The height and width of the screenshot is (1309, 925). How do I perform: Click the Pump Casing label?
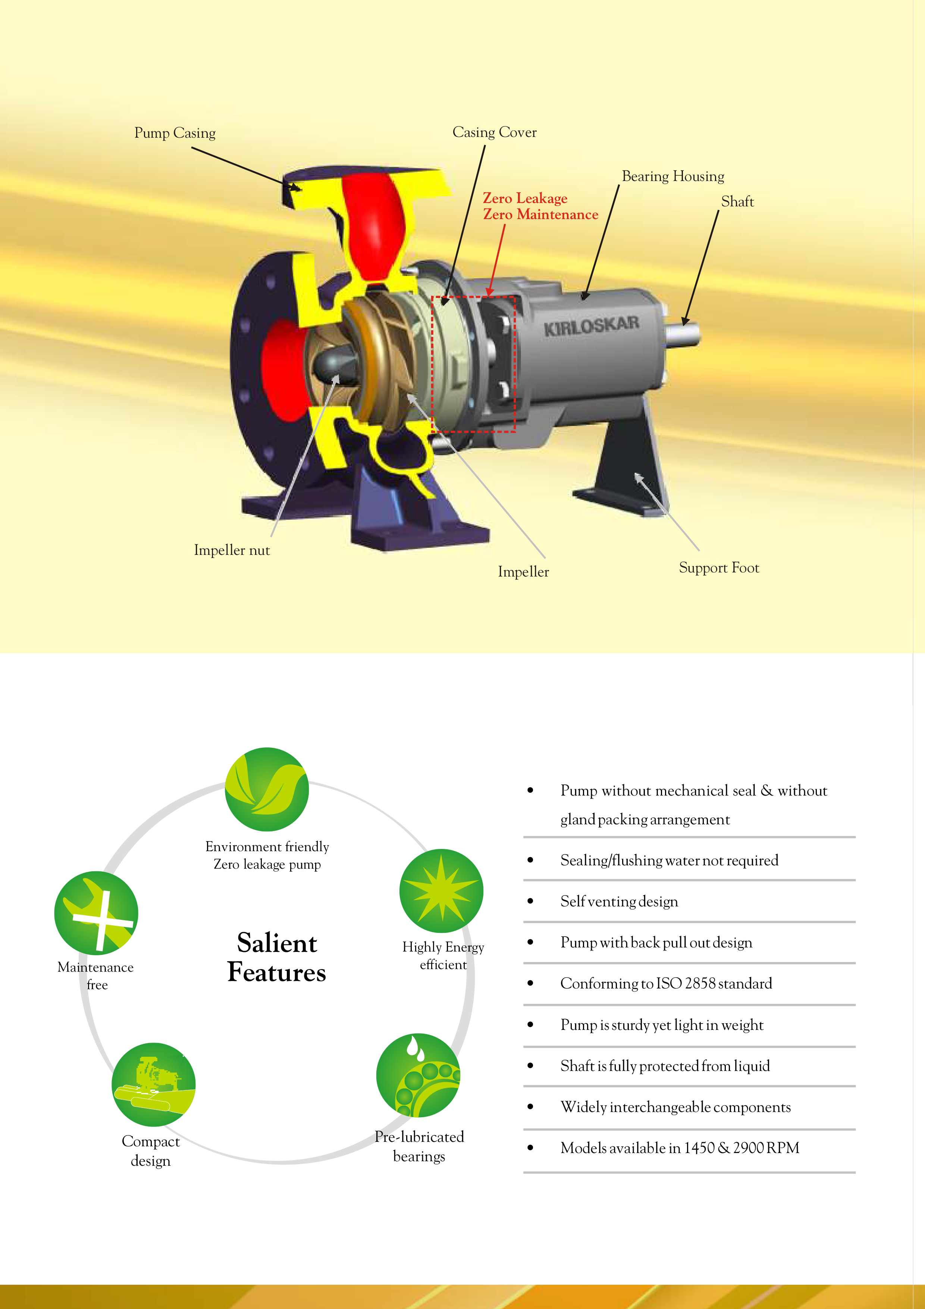[175, 134]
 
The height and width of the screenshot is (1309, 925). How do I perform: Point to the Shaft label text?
[737, 202]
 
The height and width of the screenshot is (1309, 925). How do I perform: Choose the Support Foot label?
[719, 568]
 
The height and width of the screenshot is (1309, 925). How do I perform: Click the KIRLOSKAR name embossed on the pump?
[591, 326]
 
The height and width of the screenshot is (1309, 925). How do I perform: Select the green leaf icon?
[267, 789]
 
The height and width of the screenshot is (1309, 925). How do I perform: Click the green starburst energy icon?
[441, 891]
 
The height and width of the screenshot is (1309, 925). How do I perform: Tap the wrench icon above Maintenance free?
[96, 913]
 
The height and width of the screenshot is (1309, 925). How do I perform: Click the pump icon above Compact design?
[153, 1084]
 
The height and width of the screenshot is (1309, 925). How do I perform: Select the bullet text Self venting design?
[619, 902]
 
